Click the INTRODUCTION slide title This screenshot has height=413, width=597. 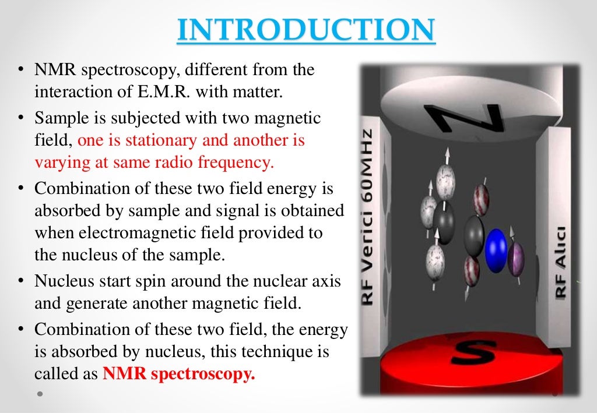point(306,30)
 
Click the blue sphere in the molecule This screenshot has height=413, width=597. point(496,250)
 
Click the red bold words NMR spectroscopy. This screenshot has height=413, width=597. point(179,374)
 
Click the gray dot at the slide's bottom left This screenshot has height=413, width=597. point(40,393)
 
